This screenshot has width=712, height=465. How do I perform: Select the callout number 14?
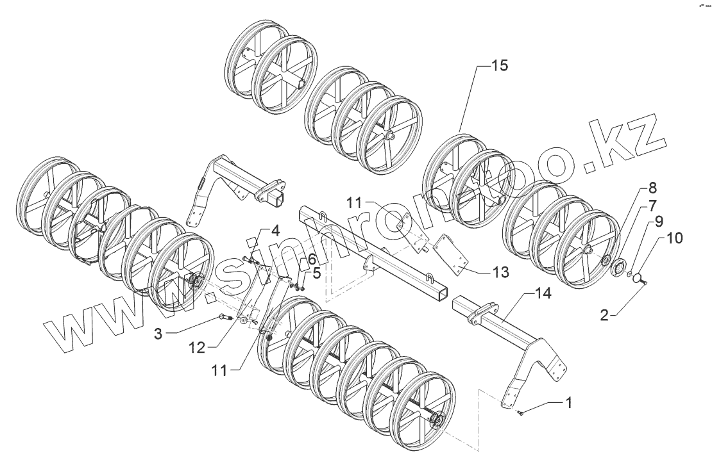pos(542,295)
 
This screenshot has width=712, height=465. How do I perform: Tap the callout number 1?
pos(568,404)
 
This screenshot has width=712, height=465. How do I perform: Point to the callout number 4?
pos(274,230)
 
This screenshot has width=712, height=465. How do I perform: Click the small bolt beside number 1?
pos(521,412)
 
